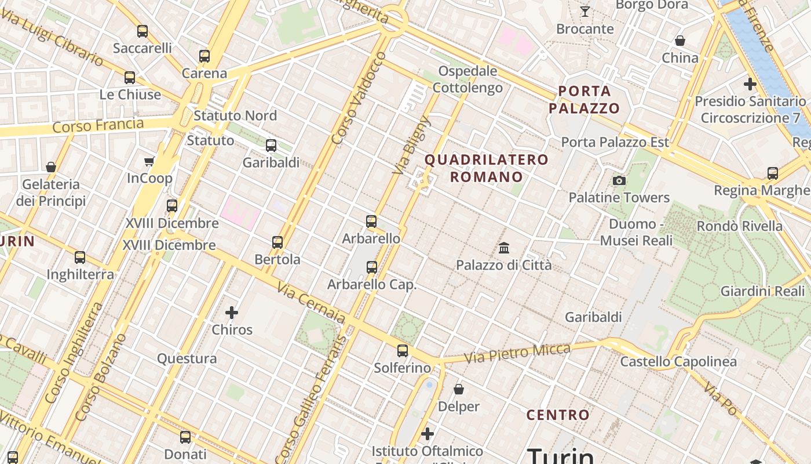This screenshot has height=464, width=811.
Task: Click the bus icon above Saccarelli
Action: point(143,31)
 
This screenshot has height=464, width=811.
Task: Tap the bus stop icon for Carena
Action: point(204,56)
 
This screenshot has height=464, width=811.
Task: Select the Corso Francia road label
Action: point(98,125)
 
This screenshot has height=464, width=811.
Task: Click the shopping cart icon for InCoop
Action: point(149,161)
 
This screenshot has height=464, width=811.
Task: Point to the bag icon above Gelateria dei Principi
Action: point(51,168)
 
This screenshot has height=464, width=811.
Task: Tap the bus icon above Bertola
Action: point(277,242)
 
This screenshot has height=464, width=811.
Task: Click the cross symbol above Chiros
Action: point(232,313)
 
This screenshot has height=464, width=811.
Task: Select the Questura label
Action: point(187,358)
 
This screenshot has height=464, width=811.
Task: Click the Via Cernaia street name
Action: point(310,303)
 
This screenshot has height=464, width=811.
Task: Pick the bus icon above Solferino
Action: point(403,351)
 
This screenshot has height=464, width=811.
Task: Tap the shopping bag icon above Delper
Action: point(459,389)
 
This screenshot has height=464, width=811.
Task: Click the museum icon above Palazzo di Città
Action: point(504,248)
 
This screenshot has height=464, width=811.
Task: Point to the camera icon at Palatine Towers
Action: point(619,181)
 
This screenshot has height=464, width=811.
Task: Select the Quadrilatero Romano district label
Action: point(487,168)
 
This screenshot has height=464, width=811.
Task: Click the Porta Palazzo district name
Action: point(584,100)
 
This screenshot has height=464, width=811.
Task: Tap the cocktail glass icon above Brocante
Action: point(585,12)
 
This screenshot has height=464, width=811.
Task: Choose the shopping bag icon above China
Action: point(680,41)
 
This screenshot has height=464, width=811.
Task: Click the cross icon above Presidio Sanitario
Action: point(750,85)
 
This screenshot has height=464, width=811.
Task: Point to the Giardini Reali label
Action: point(762,291)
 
